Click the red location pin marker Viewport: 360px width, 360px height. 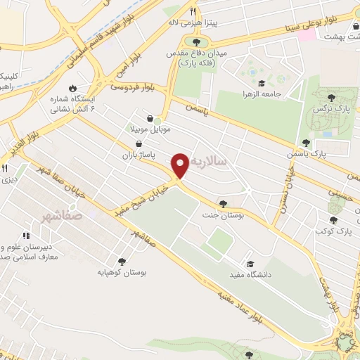181,166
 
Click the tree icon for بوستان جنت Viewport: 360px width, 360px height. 223,202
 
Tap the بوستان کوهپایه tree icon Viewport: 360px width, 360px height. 122,261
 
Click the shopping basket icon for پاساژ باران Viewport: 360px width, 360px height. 146,142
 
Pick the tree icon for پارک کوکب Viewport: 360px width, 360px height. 333,220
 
